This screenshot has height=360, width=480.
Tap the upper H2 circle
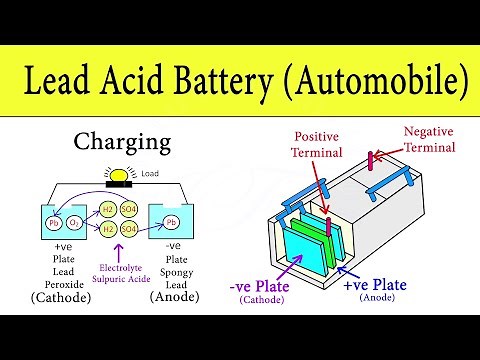(x=107, y=208)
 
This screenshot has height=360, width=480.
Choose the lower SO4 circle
(x=129, y=229)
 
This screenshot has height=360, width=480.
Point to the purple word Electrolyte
(x=123, y=267)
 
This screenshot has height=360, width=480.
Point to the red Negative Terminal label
(x=432, y=138)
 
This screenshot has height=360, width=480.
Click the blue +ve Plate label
(x=375, y=286)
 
